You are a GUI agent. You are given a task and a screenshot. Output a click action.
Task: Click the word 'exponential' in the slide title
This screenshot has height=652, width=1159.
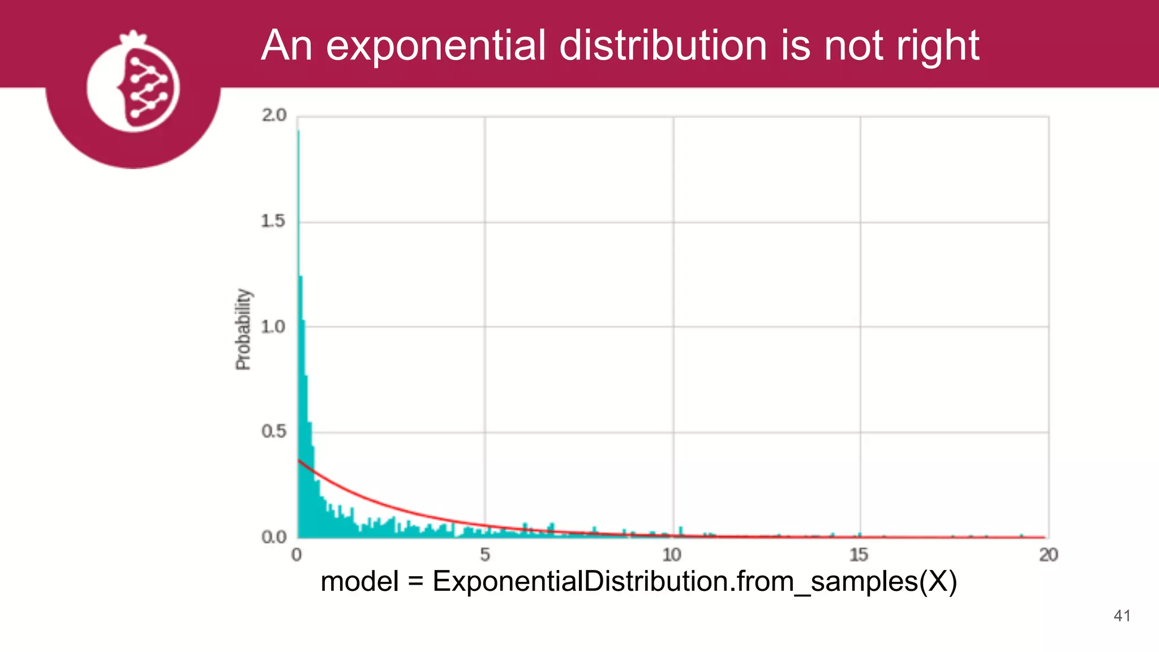pos(436,45)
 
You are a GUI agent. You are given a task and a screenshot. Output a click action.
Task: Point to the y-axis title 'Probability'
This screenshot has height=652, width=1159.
pos(243,329)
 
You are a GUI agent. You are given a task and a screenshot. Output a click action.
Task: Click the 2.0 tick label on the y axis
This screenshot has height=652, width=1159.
pos(274,115)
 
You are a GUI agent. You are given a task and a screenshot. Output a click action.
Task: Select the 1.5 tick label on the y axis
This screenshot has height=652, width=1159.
pos(273,221)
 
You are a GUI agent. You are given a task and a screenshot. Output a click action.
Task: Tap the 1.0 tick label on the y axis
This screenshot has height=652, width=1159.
pos(273,327)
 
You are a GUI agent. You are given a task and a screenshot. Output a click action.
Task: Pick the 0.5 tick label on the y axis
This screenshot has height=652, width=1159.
pos(273,432)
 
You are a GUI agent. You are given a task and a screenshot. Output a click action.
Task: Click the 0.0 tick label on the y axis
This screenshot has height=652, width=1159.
pos(273,537)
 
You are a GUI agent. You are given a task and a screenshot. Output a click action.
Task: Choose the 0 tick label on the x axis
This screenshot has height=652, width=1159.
pos(297,555)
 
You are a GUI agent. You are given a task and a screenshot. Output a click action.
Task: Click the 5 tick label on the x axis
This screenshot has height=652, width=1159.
pos(485,555)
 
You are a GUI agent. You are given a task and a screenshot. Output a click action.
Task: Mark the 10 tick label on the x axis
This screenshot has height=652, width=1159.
pos(672,555)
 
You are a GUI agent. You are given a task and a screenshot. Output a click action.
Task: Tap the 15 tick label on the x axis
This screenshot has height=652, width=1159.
pos(859,555)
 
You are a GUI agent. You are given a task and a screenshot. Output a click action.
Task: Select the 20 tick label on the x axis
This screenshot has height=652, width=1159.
pos(1048,555)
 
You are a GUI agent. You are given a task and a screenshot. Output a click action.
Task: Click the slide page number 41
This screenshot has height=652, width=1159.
pos(1122,616)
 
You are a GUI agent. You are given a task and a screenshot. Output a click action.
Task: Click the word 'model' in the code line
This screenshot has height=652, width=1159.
pos(359,582)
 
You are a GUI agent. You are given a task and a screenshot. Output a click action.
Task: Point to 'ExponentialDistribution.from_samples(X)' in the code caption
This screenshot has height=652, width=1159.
pos(694,582)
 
